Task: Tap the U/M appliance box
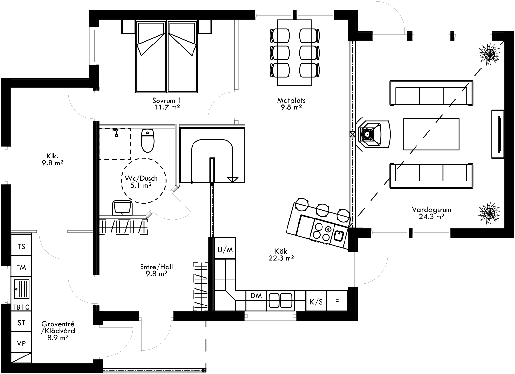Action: point(225,249)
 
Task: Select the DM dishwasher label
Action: point(256,296)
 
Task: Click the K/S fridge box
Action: point(316,302)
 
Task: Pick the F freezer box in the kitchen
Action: point(337,302)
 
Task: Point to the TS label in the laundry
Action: point(21,247)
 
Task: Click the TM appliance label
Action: point(21,268)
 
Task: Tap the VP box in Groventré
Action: point(21,343)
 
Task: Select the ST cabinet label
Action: point(21,323)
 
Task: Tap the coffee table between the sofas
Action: point(431,134)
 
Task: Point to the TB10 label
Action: point(21,307)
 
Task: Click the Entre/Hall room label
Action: point(156,270)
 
